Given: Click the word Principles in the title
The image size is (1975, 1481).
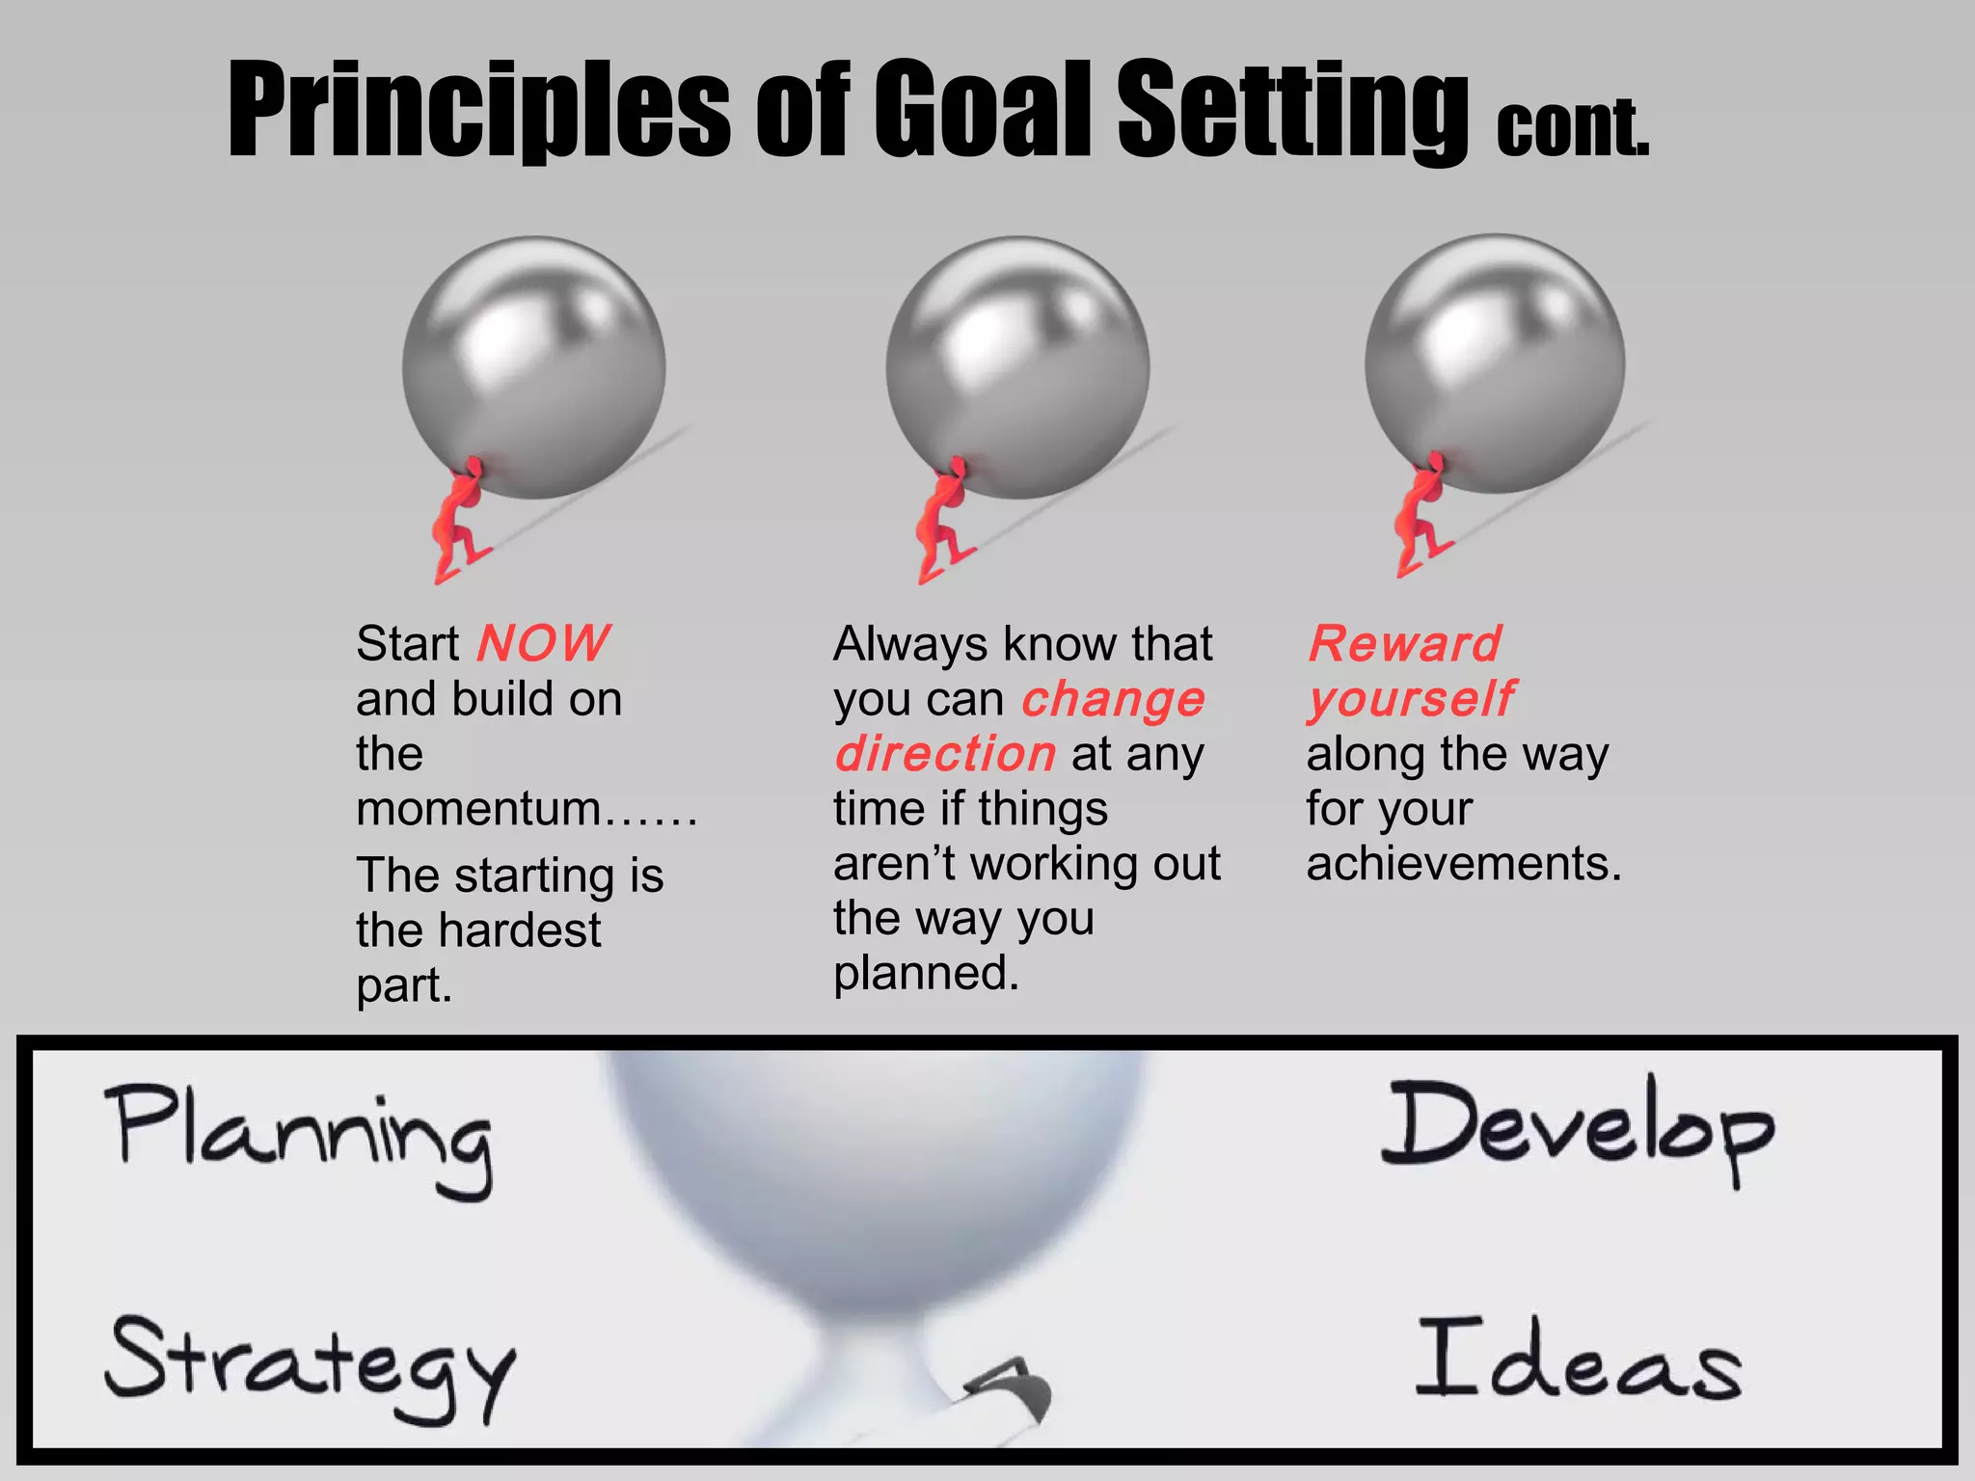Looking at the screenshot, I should pos(478,108).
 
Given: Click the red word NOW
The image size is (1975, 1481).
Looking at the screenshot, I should pos(543,643).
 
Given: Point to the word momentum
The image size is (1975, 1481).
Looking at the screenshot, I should pos(479,808).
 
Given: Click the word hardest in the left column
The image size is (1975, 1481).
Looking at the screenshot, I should pos(519,930).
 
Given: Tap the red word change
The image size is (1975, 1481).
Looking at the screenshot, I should pos(1113,699).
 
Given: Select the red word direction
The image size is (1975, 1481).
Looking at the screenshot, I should pos(945,754).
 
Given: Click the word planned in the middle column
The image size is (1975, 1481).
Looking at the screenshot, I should pos(925,973).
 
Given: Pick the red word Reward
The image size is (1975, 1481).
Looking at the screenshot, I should pos(1404,643).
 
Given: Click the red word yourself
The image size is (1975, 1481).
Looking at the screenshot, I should pos(1411,699).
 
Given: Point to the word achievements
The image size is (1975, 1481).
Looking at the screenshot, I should pos(1463,863).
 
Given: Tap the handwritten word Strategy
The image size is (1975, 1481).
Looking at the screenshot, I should pos(311,1364).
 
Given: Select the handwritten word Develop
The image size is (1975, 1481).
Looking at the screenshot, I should pos(1577,1128).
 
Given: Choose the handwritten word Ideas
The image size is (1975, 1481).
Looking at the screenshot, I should pos(1578,1360).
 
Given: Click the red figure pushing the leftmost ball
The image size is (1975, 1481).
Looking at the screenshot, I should pos(458,521).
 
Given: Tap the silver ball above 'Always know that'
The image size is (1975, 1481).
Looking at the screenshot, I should pos(1017,366).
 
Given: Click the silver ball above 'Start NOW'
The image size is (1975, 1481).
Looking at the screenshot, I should pos(533,366).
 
